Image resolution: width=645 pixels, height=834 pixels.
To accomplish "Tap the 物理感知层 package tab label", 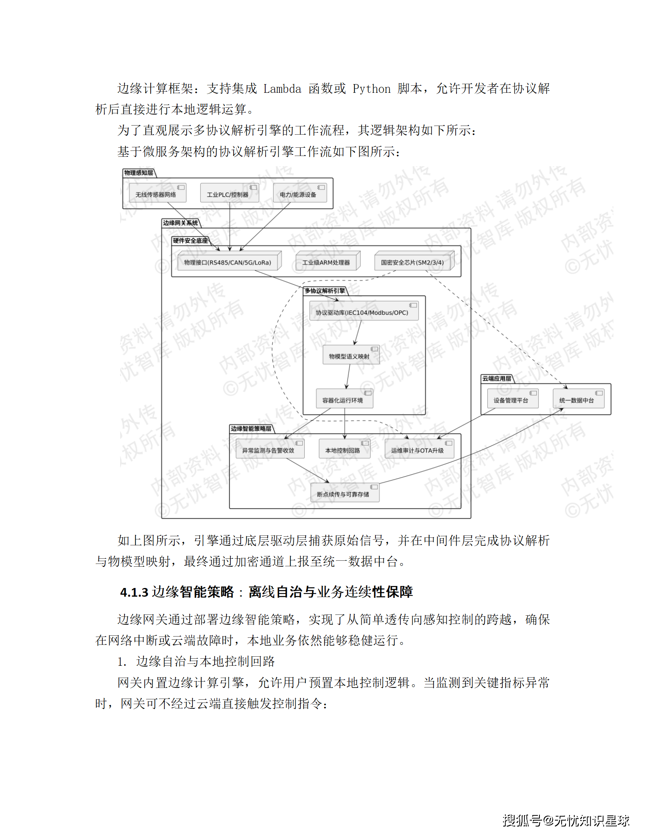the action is point(139,173).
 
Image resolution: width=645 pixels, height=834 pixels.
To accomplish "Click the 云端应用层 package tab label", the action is point(497,378).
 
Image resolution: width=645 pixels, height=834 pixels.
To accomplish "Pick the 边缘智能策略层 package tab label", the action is point(251,428).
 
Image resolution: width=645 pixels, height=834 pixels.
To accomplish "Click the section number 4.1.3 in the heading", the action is point(134,592).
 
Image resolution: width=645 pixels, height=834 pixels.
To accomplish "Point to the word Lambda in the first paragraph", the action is point(282,89).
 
